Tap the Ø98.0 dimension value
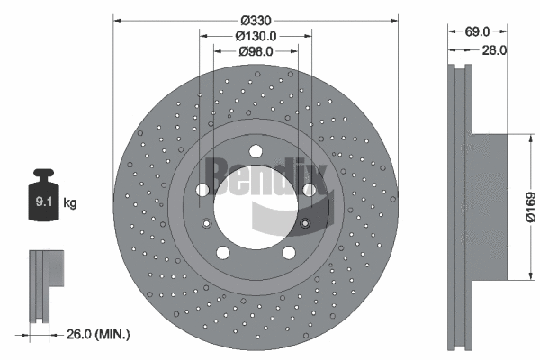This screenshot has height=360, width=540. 256,51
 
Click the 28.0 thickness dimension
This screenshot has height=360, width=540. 494,51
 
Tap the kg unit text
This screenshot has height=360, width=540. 70,203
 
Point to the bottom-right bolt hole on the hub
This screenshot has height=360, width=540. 289,251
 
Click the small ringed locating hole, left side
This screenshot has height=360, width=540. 207,223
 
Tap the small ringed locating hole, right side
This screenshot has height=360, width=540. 305,223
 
